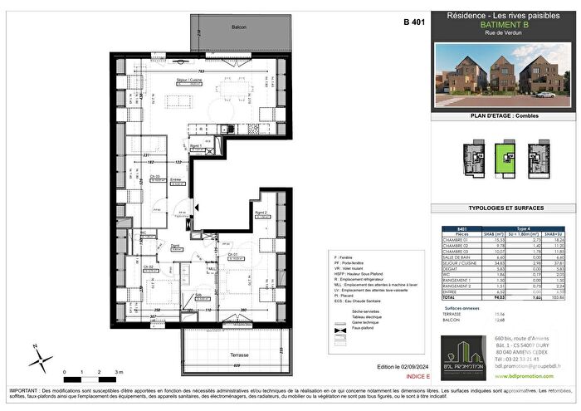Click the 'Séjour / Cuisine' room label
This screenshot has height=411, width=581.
pyautogui.click(x=188, y=80)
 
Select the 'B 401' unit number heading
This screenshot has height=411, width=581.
pyautogui.click(x=414, y=22)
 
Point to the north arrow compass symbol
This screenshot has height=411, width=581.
pyautogui.click(x=37, y=359)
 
